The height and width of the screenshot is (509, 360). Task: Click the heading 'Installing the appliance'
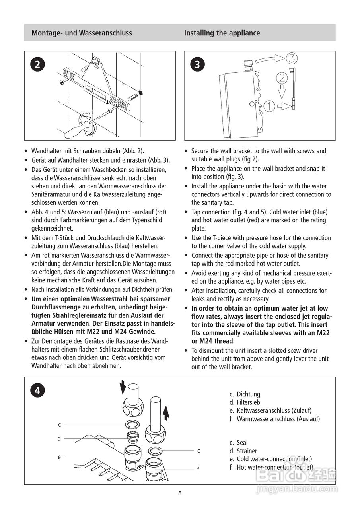(222, 33)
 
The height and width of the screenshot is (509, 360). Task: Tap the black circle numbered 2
(37, 64)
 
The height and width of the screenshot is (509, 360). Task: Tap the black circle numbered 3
(197, 64)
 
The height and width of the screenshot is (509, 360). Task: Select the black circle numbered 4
(37, 390)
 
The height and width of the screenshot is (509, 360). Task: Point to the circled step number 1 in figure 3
(269, 106)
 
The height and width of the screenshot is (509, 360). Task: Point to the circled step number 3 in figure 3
(291, 59)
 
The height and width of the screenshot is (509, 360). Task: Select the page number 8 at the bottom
(180, 493)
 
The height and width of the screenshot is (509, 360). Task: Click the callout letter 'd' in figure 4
(59, 439)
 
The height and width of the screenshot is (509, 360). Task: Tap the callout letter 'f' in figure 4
(198, 470)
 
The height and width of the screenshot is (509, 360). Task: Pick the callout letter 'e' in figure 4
(59, 457)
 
